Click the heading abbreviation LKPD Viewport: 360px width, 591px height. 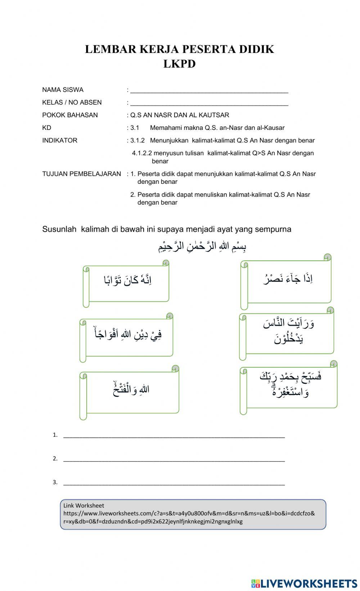click(179, 64)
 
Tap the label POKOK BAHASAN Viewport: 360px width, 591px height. click(70, 115)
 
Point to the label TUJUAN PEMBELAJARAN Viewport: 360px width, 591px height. click(81, 174)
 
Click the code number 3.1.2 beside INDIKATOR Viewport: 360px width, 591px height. click(138, 141)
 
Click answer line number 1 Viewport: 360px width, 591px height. click(174, 436)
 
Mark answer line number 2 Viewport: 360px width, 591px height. click(174, 459)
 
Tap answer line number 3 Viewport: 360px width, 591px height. click(174, 483)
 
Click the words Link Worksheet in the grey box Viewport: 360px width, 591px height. click(84, 505)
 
